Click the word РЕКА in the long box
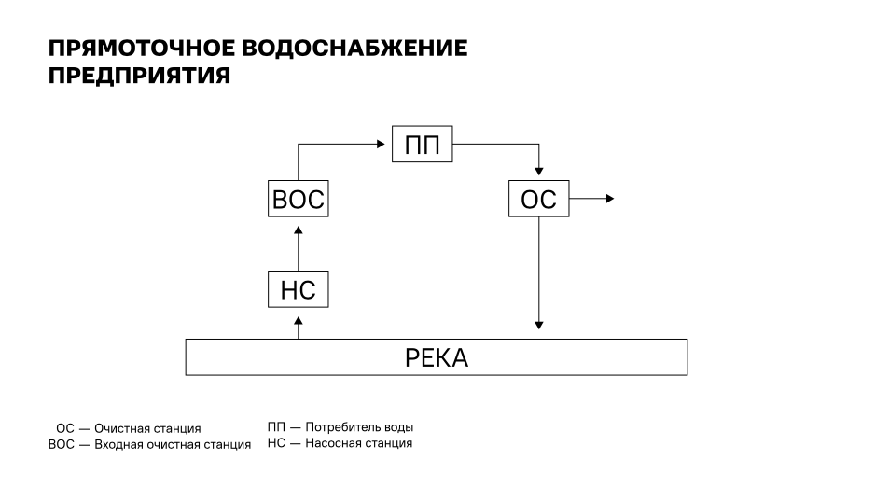click(x=437, y=358)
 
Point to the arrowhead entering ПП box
click(x=382, y=144)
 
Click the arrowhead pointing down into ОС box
click(x=538, y=172)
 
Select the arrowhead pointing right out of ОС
click(x=610, y=198)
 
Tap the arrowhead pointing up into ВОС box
click(x=298, y=230)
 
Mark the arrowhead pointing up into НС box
click(x=298, y=320)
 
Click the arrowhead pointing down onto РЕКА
click(x=538, y=326)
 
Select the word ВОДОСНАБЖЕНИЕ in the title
click(x=354, y=49)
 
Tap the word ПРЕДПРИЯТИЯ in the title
click(x=140, y=76)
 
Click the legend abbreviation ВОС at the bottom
click(x=62, y=444)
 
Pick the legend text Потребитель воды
click(x=359, y=427)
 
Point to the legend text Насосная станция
click(x=359, y=443)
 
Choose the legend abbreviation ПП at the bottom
click(x=276, y=427)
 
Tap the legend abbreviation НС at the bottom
click(x=276, y=443)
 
